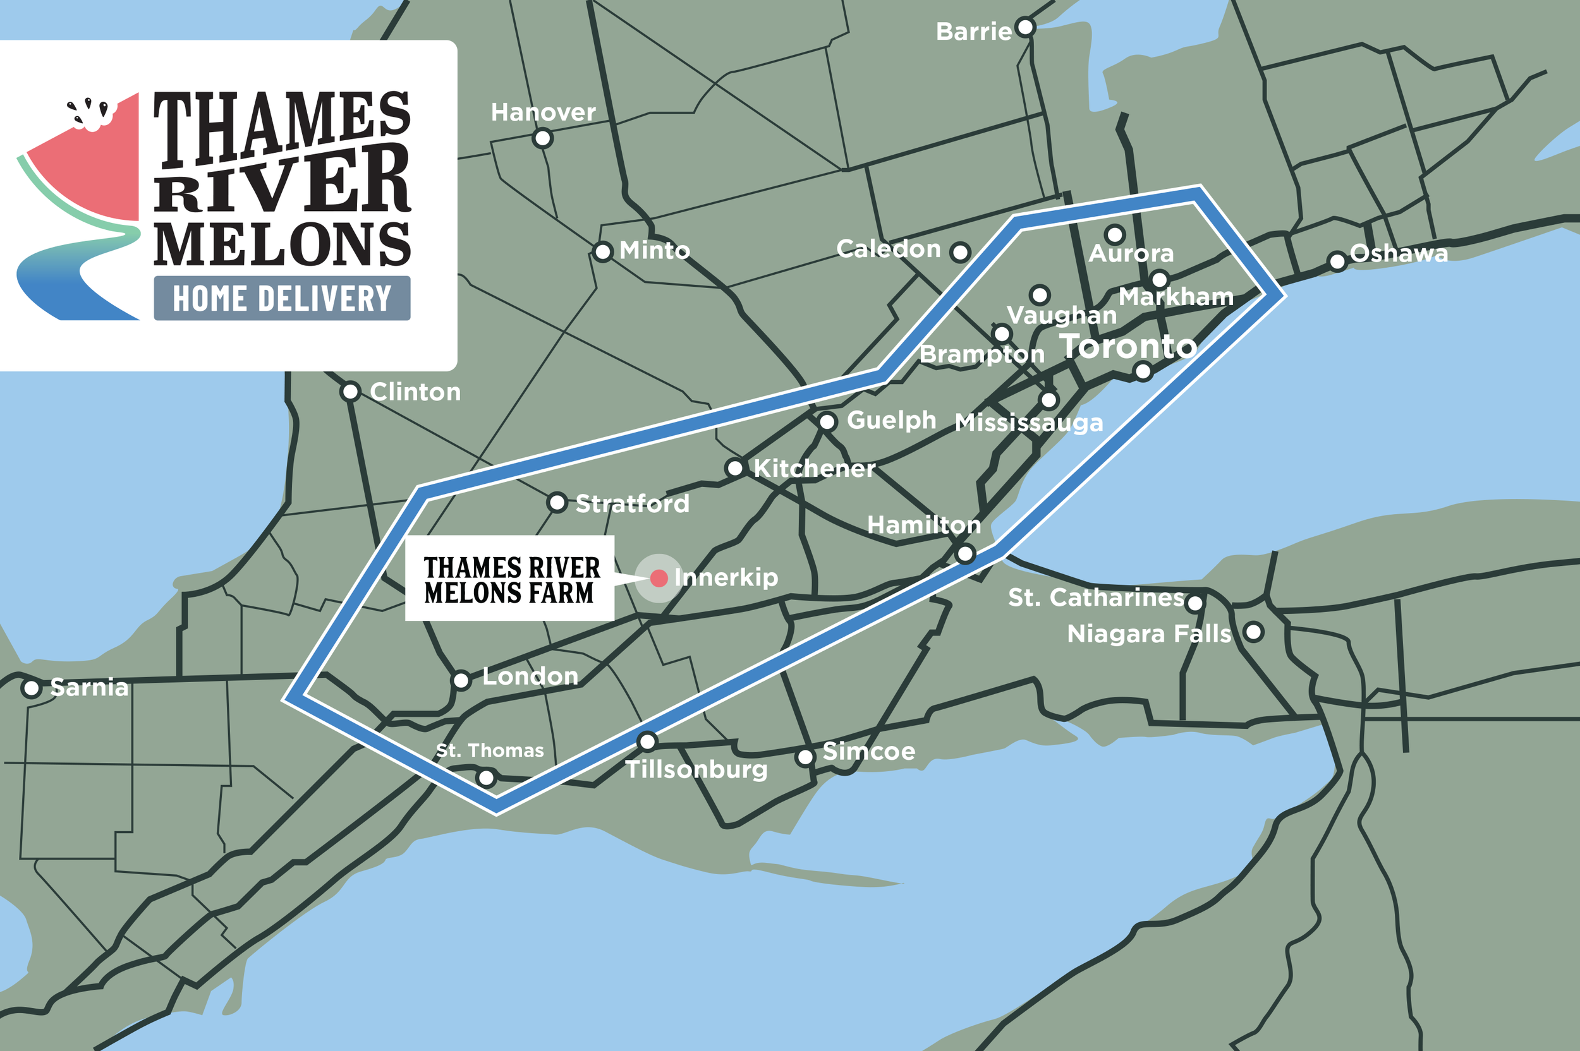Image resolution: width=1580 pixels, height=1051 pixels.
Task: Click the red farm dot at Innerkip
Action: pyautogui.click(x=659, y=578)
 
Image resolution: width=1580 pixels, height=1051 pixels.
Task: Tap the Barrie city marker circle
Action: pyautogui.click(x=1024, y=28)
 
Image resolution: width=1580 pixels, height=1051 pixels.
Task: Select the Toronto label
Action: pyautogui.click(x=1128, y=346)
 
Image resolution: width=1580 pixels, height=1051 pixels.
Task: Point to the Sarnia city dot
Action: pyautogui.click(x=31, y=688)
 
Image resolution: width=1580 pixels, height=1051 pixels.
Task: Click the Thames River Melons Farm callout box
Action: pyautogui.click(x=509, y=578)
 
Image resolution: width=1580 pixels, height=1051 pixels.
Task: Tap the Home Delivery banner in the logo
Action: pyautogui.click(x=282, y=298)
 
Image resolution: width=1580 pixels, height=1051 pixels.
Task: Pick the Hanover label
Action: pyautogui.click(x=544, y=112)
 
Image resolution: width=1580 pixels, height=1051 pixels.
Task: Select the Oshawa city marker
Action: pyautogui.click(x=1337, y=261)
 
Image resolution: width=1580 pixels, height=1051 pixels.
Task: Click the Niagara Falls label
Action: pyautogui.click(x=1149, y=634)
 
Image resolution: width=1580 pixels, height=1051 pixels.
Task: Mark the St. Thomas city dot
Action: pyautogui.click(x=485, y=778)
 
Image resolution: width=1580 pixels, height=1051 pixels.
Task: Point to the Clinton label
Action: pyautogui.click(x=415, y=392)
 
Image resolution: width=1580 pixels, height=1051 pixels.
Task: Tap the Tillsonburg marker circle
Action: pyautogui.click(x=647, y=742)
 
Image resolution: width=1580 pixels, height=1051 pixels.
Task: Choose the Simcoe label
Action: pyautogui.click(x=868, y=752)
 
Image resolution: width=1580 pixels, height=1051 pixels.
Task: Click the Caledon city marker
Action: pyautogui.click(x=961, y=252)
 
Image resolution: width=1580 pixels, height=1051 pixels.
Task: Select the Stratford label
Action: pyautogui.click(x=633, y=503)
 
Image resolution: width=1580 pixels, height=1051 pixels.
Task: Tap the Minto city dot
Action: pyautogui.click(x=603, y=252)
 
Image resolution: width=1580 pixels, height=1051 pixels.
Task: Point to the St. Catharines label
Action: pyautogui.click(x=1096, y=598)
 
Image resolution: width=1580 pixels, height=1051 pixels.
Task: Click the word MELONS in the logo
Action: pyautogui.click(x=283, y=244)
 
